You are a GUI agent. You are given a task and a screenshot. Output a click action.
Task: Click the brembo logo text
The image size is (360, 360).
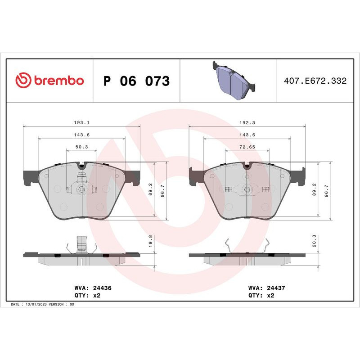point(58,81)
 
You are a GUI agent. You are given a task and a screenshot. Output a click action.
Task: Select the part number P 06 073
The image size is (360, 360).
point(136,81)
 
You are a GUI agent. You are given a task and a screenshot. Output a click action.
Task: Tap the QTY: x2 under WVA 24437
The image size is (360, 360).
point(261,296)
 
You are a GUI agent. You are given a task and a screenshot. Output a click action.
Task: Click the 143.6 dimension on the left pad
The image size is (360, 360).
point(81,135)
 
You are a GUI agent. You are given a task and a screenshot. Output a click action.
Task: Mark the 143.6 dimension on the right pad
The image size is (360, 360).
point(247,135)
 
